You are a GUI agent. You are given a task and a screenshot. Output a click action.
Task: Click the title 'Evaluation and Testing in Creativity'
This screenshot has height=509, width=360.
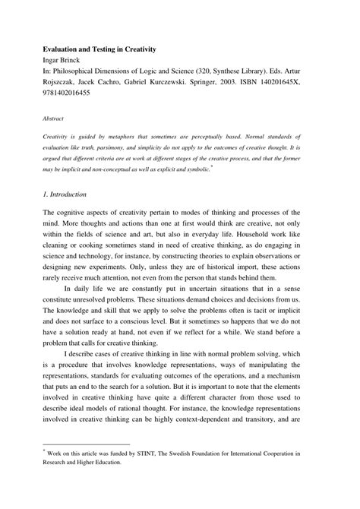(x=99, y=49)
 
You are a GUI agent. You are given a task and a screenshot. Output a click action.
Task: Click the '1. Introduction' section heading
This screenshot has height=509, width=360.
(x=70, y=195)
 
